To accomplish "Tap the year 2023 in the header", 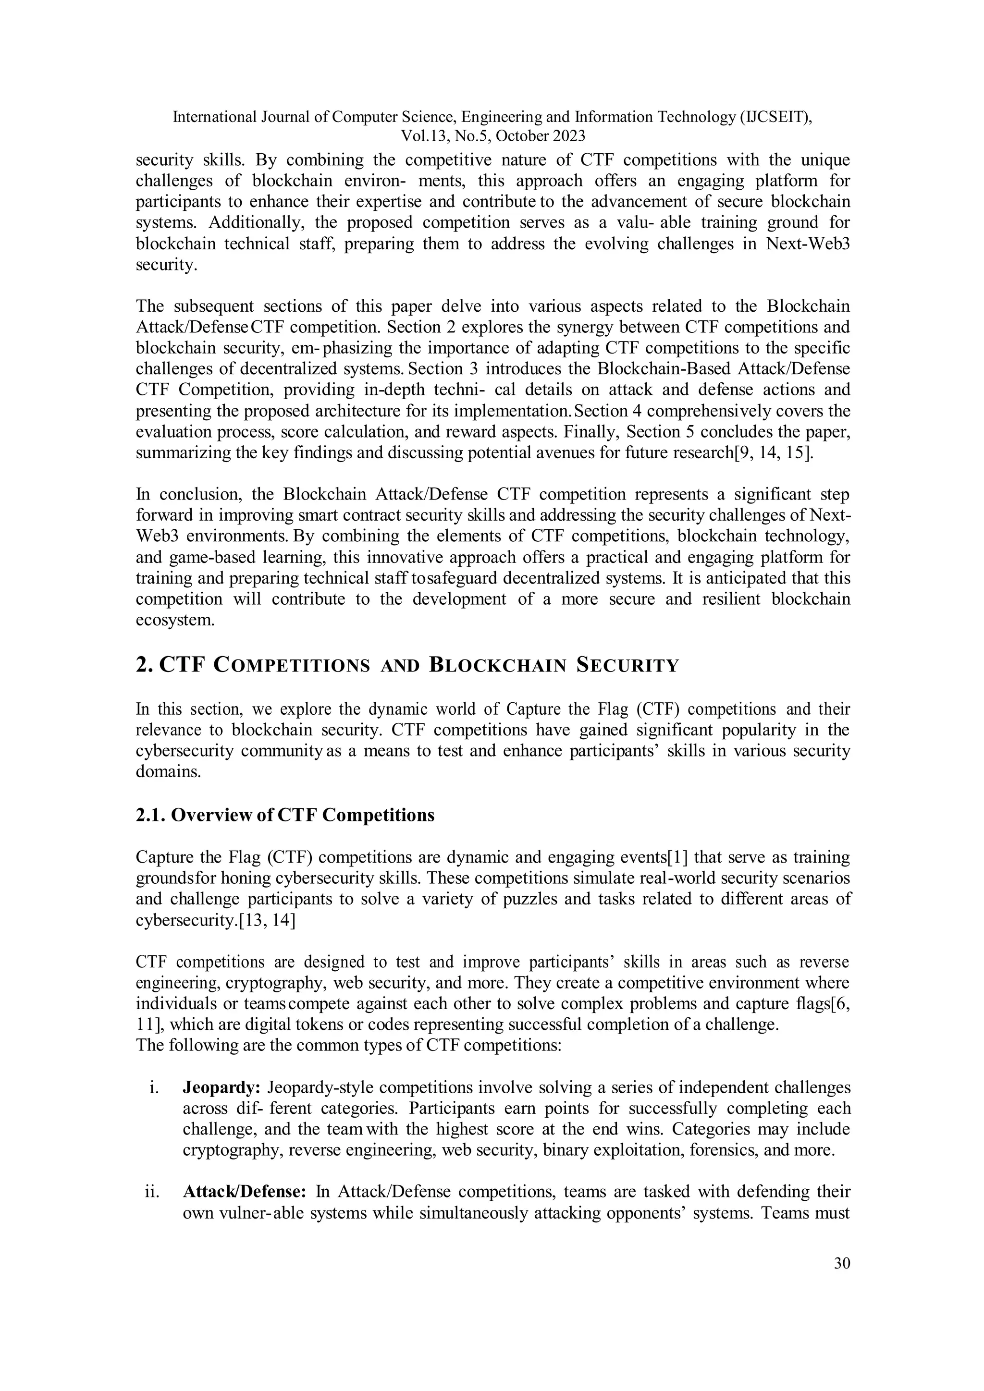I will click(x=568, y=136).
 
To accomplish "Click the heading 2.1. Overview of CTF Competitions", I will click(x=285, y=815).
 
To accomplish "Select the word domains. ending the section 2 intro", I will click(x=168, y=772).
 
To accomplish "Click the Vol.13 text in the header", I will click(x=423, y=136).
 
